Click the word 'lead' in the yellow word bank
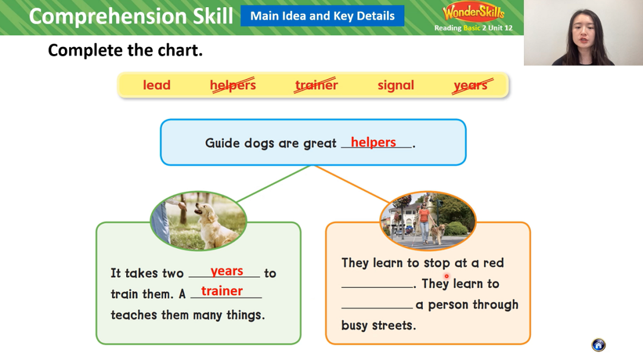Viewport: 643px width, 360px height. tap(156, 85)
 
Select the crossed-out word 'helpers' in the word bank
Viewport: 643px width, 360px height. tap(233, 85)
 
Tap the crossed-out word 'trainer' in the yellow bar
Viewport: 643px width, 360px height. tap(316, 85)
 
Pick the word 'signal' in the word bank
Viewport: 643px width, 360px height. tap(396, 85)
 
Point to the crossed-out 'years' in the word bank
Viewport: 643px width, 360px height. tap(472, 85)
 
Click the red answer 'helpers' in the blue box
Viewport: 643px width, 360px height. tap(373, 142)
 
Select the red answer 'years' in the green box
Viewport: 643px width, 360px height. tap(227, 271)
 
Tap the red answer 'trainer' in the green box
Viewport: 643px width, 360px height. tap(222, 291)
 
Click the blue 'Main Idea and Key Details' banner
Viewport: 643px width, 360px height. tap(322, 16)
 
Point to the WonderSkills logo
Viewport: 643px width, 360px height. tap(473, 12)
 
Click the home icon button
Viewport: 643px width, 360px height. tap(598, 345)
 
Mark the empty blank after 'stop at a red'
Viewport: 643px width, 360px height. tap(377, 287)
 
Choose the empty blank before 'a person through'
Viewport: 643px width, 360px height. tap(377, 307)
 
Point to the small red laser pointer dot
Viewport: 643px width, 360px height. tap(447, 276)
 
